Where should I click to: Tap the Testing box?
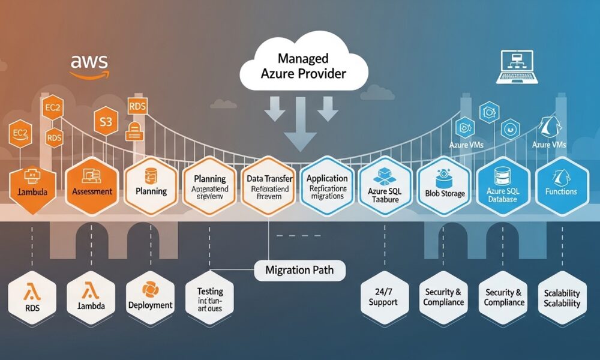pyautogui.click(x=209, y=298)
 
